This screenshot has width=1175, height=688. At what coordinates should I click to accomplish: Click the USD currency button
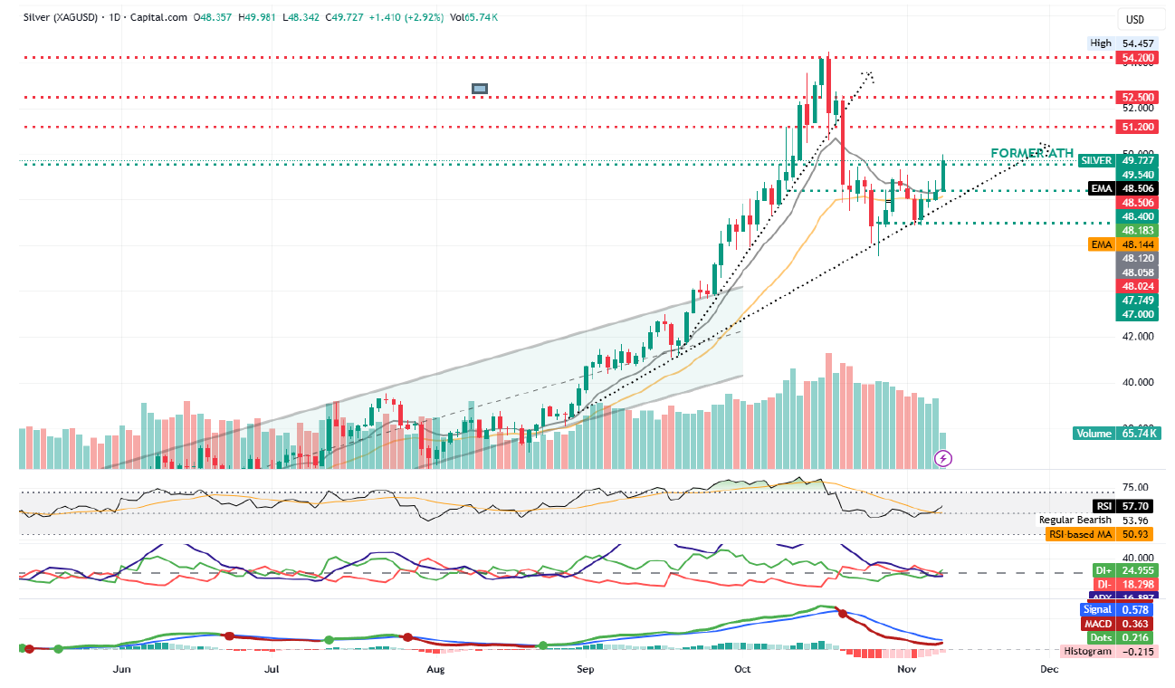pos(1134,19)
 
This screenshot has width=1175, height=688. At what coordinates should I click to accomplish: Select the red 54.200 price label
pos(1138,58)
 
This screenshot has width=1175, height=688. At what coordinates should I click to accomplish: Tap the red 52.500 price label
pos(1138,97)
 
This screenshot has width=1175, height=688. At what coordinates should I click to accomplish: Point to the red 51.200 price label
pos(1138,127)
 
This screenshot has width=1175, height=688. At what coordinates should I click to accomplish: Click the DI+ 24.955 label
pos(1124,570)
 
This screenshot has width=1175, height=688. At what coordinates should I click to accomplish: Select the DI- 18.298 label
pos(1124,586)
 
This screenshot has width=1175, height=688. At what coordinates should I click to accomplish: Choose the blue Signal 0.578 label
pos(1119,610)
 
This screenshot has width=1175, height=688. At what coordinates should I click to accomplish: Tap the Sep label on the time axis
pos(586,670)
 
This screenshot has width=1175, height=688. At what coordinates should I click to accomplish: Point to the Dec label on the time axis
pos(1048,670)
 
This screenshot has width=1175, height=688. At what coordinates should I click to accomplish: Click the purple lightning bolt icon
pos(943,459)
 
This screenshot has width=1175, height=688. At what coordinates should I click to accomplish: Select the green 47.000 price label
pos(1138,313)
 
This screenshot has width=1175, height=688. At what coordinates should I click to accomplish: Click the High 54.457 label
pos(1127,43)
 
